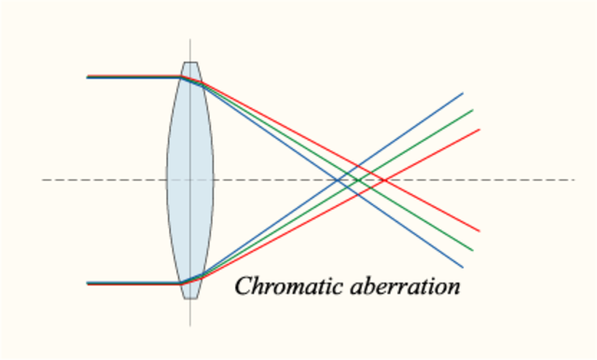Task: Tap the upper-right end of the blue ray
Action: [x=463, y=93]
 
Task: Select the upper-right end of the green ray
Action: [x=473, y=110]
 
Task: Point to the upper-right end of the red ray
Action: [x=479, y=130]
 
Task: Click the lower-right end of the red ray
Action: [x=479, y=230]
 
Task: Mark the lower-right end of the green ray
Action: [x=473, y=250]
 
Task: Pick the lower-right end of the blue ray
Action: [x=463, y=267]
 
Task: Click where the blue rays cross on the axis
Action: [x=344, y=179]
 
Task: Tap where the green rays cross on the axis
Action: [x=358, y=179]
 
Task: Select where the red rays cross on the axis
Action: [x=374, y=179]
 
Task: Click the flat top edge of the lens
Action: [x=190, y=62]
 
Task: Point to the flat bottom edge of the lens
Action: [x=190, y=298]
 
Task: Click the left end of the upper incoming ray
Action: [x=87, y=76]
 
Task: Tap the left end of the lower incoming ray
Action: [x=87, y=283]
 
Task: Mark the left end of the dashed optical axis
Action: [x=43, y=179]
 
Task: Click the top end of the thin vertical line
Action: [x=190, y=39]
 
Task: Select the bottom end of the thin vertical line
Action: [x=190, y=325]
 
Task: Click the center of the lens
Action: [x=190, y=179]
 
